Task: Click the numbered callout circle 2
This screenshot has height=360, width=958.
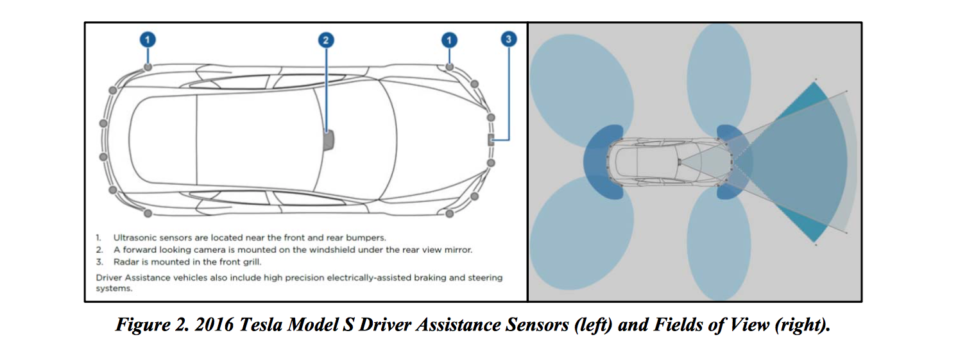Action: (x=326, y=40)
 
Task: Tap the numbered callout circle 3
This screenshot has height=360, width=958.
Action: (x=508, y=40)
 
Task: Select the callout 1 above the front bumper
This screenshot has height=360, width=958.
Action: (x=449, y=40)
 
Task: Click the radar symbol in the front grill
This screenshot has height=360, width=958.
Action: (x=490, y=140)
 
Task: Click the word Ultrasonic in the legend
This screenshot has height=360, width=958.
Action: (x=133, y=237)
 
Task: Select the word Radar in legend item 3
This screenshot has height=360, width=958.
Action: (x=124, y=262)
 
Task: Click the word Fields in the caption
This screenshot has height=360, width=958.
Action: (x=676, y=325)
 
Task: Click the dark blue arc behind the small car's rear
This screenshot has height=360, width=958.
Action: (x=600, y=159)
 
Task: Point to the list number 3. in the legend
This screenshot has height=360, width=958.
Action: (x=99, y=262)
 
